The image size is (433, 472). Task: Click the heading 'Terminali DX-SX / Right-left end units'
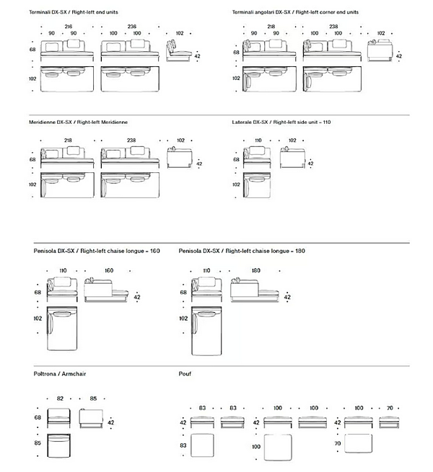pos(70,12)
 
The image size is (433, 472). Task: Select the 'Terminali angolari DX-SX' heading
pos(295,12)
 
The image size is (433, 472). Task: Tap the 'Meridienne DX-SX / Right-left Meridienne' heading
pos(79,123)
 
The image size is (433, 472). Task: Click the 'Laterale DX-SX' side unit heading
pos(281,123)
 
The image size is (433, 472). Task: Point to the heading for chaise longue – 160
pos(96,251)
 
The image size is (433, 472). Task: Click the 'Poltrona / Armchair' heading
pos(56,375)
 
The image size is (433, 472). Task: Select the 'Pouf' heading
pos(185,375)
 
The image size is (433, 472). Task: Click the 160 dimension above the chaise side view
pos(109,271)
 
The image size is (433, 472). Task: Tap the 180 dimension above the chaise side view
pos(255,271)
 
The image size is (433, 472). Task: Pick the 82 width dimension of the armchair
pos(60,398)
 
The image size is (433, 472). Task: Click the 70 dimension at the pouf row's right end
pos(390,409)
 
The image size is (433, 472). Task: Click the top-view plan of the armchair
pos(58,446)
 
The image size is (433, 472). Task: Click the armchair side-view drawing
pos(91,417)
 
